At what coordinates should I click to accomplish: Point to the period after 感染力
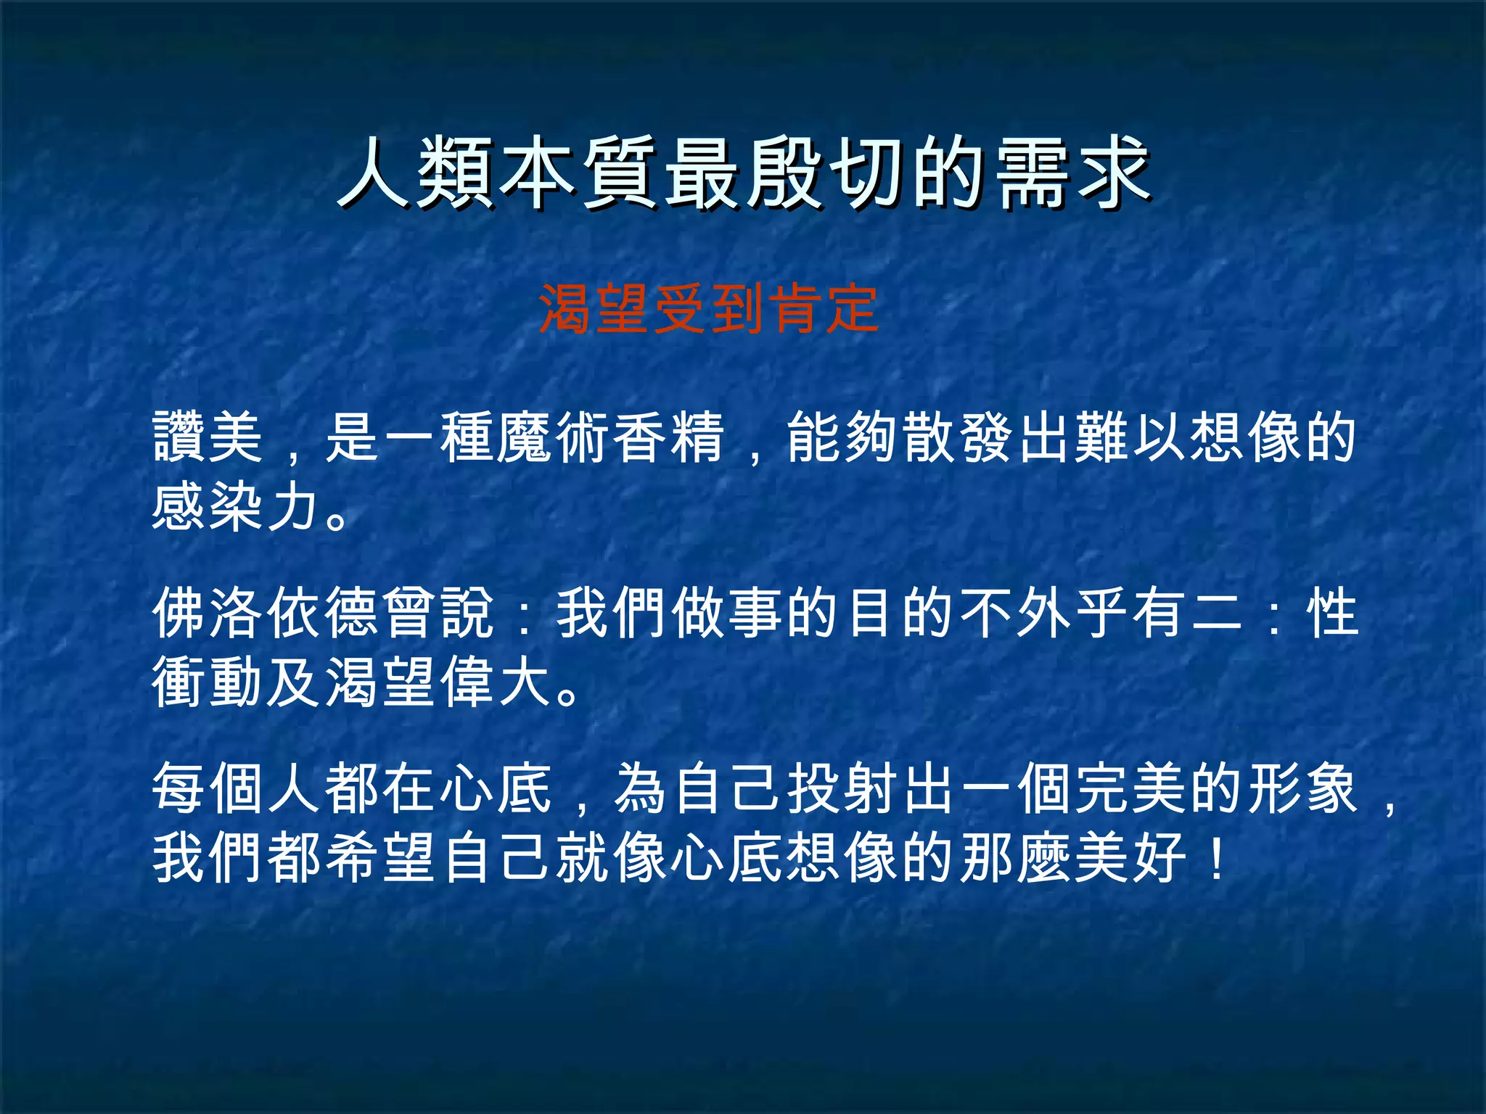pos(337,519)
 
